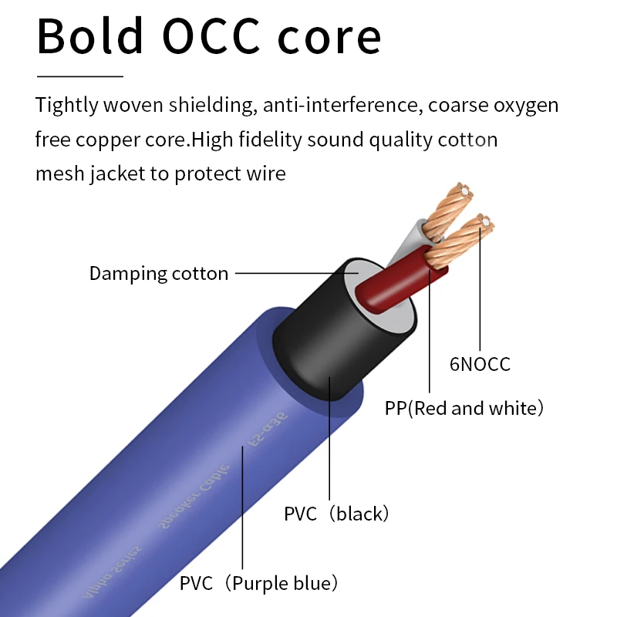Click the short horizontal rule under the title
[80, 76]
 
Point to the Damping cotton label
[159, 273]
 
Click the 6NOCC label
[480, 364]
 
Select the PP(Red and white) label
[464, 408]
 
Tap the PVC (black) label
[336, 514]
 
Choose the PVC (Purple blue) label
[259, 583]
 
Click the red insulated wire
[393, 282]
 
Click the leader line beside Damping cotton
[293, 272]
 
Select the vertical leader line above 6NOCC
[480, 293]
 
